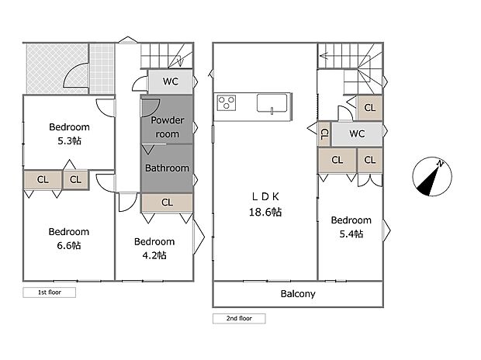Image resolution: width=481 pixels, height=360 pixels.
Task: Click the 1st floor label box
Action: click(49, 292)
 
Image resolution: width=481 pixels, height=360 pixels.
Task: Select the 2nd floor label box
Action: click(239, 318)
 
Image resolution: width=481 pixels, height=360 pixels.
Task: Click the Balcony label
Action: click(298, 294)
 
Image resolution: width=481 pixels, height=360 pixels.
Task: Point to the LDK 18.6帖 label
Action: click(265, 204)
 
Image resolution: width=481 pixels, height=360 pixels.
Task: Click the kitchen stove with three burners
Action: click(227, 102)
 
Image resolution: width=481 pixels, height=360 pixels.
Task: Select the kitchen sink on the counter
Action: click(272, 103)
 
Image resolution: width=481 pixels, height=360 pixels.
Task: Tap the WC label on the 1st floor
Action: click(171, 81)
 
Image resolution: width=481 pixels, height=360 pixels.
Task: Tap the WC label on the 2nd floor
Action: click(357, 133)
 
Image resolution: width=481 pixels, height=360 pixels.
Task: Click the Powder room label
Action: click(167, 126)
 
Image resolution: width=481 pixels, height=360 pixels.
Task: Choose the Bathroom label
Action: click(167, 168)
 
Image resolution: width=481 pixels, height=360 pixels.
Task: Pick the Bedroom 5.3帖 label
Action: click(69, 133)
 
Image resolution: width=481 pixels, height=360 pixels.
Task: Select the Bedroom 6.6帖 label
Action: click(69, 238)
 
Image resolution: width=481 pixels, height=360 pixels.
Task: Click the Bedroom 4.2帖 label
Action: click(154, 248)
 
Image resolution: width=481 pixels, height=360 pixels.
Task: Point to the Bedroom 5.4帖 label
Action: click(351, 227)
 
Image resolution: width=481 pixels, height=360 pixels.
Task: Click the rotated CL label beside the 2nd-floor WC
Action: click(324, 133)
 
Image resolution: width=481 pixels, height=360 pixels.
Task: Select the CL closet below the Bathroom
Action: click(167, 202)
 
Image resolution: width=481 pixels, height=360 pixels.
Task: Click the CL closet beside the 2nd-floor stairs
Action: click(370, 108)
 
